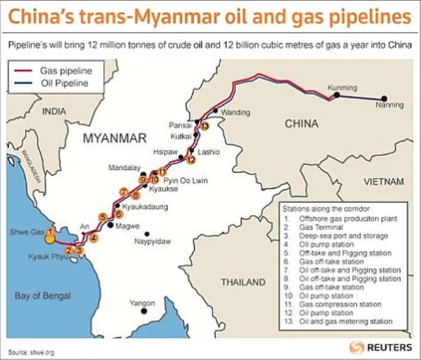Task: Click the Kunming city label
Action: tap(342, 88)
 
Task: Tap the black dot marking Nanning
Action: tap(385, 98)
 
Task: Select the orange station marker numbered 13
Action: tap(204, 126)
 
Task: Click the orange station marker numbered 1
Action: tap(51, 231)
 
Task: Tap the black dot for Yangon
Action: tap(143, 311)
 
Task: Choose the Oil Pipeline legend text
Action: tap(63, 83)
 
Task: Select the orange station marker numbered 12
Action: tap(191, 160)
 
